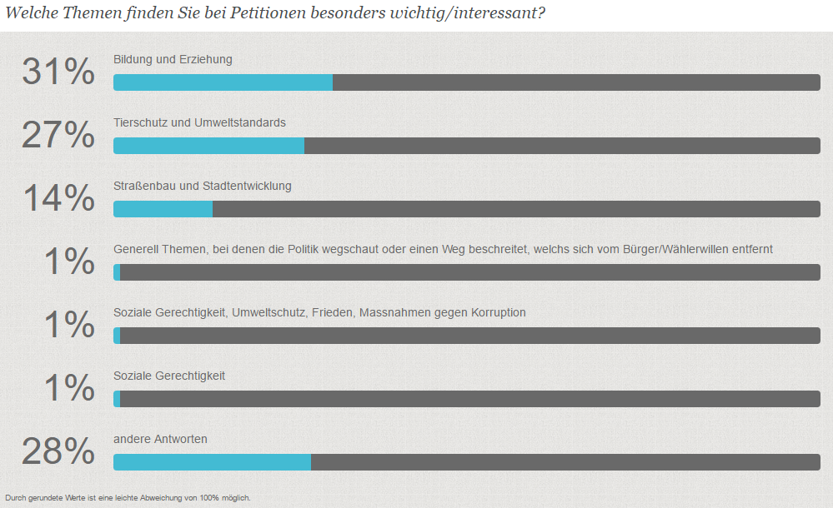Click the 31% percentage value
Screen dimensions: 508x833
coord(58,72)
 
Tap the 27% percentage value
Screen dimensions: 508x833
coord(58,135)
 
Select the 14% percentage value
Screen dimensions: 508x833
coord(58,198)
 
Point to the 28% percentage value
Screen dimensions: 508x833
coord(58,451)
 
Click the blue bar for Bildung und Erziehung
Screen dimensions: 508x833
coord(223,82)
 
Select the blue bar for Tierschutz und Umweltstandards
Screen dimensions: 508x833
coord(208,146)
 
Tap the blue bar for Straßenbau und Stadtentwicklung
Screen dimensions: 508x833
coord(163,209)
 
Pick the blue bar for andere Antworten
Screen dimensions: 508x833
coord(212,462)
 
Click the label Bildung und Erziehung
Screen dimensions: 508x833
coord(173,59)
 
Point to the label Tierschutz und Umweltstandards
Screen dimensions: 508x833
coord(199,122)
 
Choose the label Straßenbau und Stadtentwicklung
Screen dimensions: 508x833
coord(203,186)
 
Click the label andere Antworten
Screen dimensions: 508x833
coord(160,439)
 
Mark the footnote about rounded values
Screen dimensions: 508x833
coord(128,498)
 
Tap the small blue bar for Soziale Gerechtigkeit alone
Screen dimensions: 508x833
coord(117,399)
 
